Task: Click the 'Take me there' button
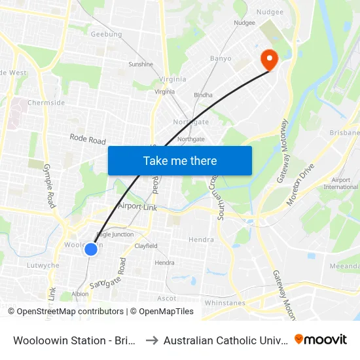point(180,160)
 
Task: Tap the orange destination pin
point(269,60)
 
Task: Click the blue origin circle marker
point(91,249)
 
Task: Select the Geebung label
point(107,34)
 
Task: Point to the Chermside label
point(46,103)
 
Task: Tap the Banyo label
point(221,58)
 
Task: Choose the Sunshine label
point(141,64)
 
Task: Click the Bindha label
point(203,95)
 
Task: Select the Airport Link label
point(138,206)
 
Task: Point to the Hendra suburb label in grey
point(201,240)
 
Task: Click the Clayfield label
point(146,246)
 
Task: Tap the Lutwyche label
point(43,266)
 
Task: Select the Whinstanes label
point(225,303)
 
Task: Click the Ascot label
point(167,298)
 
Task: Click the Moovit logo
point(320,340)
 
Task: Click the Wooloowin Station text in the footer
point(73,340)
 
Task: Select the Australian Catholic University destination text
point(225,340)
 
